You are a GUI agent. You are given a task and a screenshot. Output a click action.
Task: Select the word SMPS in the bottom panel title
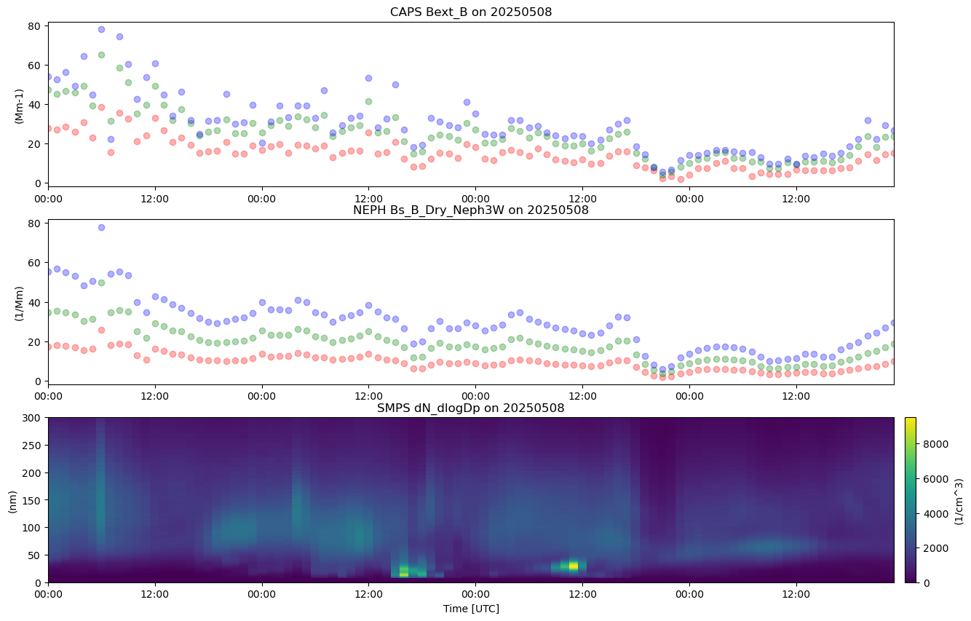(x=392, y=408)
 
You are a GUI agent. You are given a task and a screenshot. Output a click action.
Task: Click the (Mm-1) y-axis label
(x=19, y=105)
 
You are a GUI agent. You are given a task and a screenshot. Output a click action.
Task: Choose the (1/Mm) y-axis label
(x=19, y=303)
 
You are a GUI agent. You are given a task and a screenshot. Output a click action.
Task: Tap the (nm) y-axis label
(x=13, y=500)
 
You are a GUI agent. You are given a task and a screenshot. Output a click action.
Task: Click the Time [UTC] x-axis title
(x=471, y=608)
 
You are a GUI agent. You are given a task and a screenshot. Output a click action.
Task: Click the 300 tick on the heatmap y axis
(x=33, y=418)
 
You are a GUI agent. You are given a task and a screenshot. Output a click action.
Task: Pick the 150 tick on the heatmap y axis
(x=33, y=500)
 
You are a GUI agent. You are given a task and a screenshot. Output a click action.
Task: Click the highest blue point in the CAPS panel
(x=101, y=30)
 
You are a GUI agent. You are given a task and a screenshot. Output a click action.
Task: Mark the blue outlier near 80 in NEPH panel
(x=101, y=227)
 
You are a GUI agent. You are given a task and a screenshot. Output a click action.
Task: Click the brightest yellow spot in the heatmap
(x=574, y=565)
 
